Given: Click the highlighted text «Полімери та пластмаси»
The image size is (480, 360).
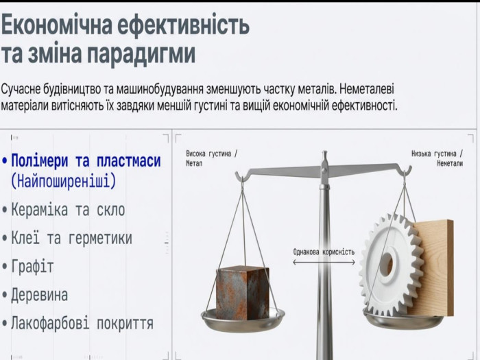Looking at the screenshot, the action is pos(86,160).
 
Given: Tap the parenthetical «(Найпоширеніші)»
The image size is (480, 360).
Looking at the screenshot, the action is pos(64,181).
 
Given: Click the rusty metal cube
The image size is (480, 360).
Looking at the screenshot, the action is pos(243,291).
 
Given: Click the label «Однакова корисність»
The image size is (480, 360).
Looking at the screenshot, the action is pos(324,252).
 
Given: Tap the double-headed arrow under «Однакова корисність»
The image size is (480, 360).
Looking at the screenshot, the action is pos(324,263).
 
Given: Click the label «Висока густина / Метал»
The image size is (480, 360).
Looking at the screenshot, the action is pos(211,158).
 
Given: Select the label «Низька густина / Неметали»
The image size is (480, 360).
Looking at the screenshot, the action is pos(437,158).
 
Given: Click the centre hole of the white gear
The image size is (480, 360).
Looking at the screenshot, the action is pos(388,264).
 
